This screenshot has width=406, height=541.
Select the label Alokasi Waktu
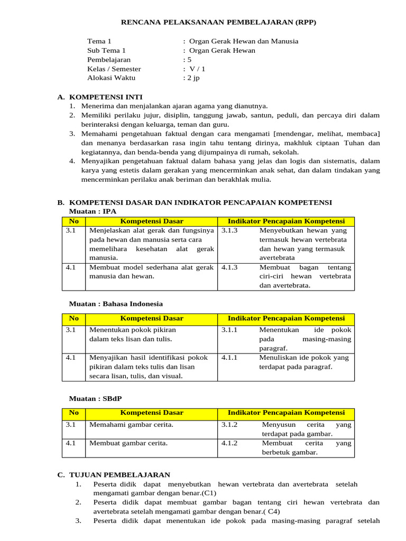[x=111, y=78]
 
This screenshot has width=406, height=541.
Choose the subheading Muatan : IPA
[x=93, y=211]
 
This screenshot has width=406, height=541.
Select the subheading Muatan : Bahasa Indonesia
[x=116, y=304]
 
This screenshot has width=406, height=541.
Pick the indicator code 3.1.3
[x=229, y=230]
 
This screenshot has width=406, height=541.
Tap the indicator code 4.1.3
[x=229, y=267]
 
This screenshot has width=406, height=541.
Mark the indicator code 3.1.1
[x=229, y=330]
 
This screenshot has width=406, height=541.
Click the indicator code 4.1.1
[x=229, y=358]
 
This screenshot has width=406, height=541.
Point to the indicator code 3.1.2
[x=229, y=425]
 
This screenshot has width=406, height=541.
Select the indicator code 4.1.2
[x=229, y=443]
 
